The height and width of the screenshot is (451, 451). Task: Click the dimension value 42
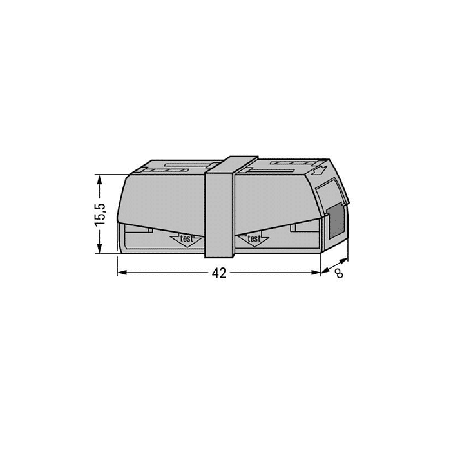(219, 273)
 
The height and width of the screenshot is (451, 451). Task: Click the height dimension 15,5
(100, 213)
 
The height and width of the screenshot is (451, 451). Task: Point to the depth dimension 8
(338, 273)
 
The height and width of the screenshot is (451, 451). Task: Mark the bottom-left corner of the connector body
(118, 254)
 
